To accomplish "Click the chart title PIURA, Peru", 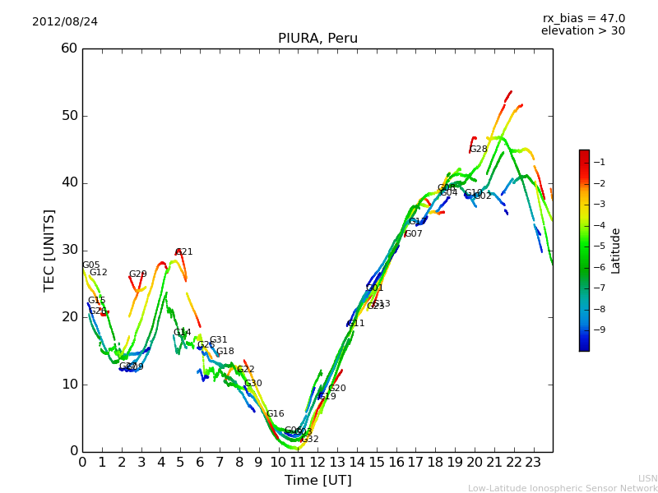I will click(x=317, y=39).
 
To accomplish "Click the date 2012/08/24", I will click(x=65, y=21).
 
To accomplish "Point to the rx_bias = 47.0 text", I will click(x=583, y=19).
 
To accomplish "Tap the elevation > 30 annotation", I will click(x=582, y=31).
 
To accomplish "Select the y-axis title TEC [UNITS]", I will click(x=49, y=250).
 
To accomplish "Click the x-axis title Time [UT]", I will click(x=317, y=481).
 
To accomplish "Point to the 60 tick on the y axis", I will click(x=69, y=48).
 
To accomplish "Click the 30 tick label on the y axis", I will click(x=69, y=250).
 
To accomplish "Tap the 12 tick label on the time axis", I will click(x=317, y=463).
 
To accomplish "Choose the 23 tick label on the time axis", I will click(x=533, y=463).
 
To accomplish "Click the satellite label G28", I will click(x=478, y=150).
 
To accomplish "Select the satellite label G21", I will click(x=184, y=252).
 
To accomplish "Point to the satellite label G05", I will click(x=90, y=265).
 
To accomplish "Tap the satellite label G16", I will click(x=275, y=414).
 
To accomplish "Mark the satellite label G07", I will click(x=414, y=234).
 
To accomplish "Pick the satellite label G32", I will click(x=309, y=440).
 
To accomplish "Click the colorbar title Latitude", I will click(x=616, y=251).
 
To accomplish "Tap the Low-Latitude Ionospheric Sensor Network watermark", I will click(x=563, y=489).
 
